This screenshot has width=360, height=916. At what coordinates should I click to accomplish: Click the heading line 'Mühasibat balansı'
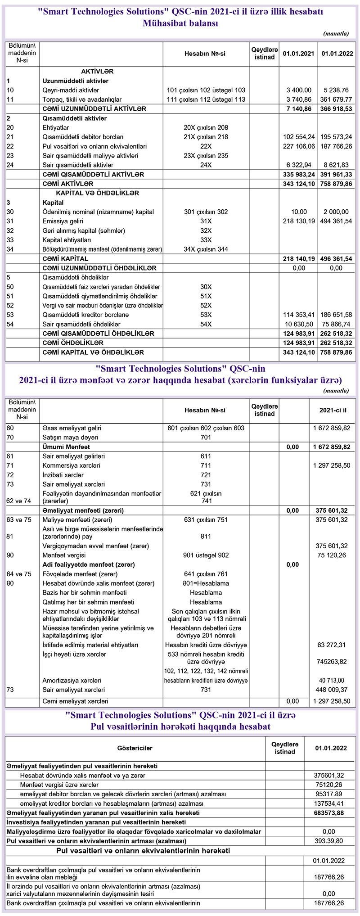click(180, 23)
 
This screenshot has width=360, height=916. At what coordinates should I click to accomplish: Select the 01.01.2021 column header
click(298, 54)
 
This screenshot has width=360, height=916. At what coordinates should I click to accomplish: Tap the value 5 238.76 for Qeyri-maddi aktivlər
click(336, 90)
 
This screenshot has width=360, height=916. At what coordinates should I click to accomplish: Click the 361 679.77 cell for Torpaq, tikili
click(336, 99)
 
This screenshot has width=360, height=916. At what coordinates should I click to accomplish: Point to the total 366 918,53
click(336, 109)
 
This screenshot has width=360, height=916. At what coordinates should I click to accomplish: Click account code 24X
click(206, 165)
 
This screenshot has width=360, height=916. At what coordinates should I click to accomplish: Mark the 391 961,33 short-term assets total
click(336, 175)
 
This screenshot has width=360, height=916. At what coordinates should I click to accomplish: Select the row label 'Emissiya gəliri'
click(63, 221)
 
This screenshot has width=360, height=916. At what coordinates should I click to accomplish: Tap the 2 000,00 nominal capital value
click(336, 212)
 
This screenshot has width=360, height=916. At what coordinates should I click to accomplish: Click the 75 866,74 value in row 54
click(336, 324)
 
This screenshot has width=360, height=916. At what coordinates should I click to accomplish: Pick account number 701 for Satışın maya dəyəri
click(206, 438)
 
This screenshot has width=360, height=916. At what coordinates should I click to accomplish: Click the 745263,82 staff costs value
click(332, 662)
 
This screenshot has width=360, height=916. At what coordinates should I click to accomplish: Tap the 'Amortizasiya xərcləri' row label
click(72, 681)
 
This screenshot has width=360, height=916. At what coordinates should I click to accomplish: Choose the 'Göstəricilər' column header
click(135, 748)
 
